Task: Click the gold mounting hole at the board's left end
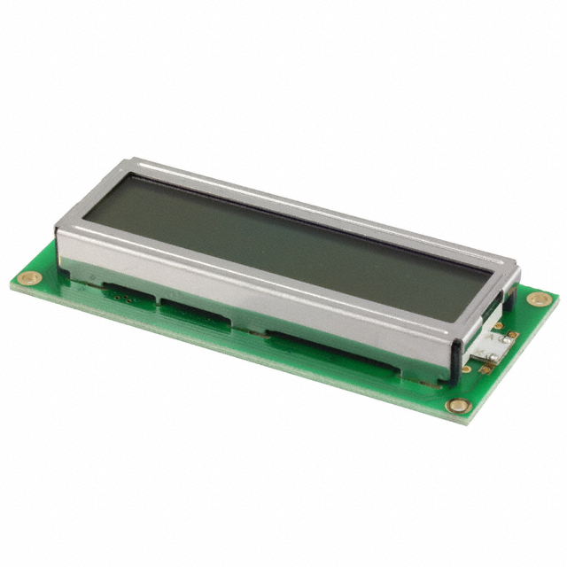click(28, 277)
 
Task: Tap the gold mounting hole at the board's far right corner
click(539, 299)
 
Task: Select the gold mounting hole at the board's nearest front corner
click(458, 405)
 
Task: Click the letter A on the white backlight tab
click(490, 337)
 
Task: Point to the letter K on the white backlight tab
click(478, 351)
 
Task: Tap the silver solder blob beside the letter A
click(507, 340)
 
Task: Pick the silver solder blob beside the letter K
click(493, 356)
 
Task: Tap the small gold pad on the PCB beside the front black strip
click(466, 369)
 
